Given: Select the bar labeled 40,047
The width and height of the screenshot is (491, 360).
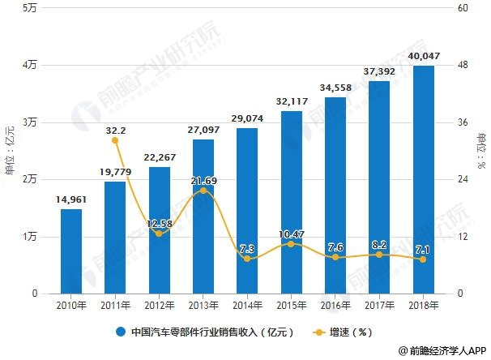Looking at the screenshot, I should [x=423, y=178].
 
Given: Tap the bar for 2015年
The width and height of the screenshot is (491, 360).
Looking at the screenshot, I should [x=291, y=202].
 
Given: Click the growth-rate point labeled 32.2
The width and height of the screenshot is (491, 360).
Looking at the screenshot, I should [x=115, y=140].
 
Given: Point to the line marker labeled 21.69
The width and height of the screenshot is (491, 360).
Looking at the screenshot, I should [x=203, y=191].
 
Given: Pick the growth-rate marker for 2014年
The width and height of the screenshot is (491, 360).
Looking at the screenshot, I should [x=247, y=259].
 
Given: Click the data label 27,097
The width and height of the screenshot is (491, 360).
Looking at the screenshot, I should [x=203, y=129].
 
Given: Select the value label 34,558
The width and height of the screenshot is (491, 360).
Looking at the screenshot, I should [x=335, y=87].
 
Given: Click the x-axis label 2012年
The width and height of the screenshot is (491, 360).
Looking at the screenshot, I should [x=159, y=305].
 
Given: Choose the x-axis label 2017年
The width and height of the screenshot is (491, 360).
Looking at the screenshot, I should [x=379, y=305].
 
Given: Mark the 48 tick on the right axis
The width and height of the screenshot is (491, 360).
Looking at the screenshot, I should [x=463, y=65].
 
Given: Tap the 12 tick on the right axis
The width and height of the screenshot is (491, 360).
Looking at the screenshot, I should [x=463, y=236].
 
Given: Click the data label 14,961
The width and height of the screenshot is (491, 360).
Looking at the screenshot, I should [x=71, y=199].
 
